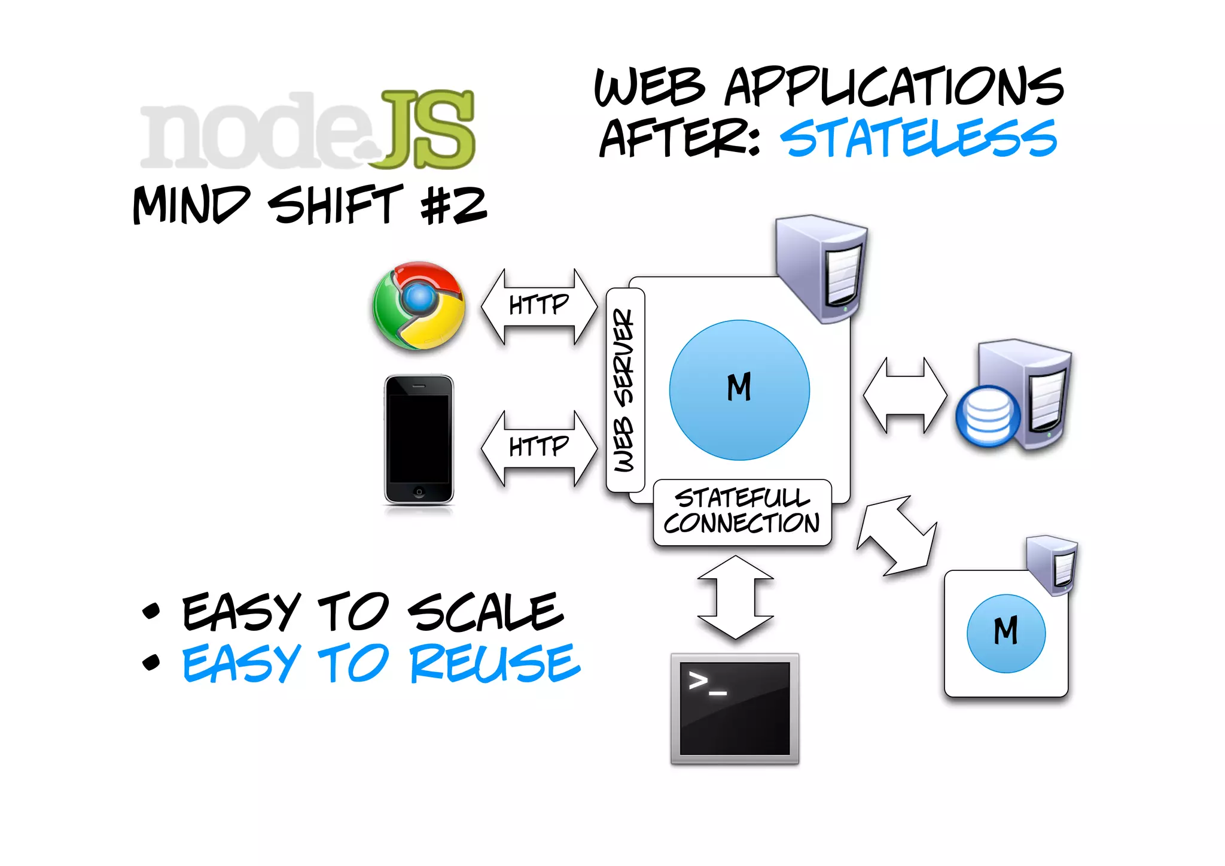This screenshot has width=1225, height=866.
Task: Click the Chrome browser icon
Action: (x=419, y=305)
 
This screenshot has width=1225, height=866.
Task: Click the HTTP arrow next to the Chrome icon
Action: (x=539, y=306)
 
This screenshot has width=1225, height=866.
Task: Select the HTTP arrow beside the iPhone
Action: (x=539, y=448)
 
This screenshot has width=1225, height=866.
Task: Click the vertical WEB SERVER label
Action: (x=624, y=390)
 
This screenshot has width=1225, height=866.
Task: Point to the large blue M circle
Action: (x=739, y=390)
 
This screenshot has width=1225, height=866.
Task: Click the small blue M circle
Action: (x=1006, y=633)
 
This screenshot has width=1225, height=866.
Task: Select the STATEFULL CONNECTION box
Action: (x=742, y=512)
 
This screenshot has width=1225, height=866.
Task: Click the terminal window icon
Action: (x=735, y=709)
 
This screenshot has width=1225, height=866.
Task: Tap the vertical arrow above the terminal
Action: (x=735, y=597)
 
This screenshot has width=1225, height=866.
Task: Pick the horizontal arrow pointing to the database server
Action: (x=905, y=395)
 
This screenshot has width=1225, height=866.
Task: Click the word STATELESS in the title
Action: (x=919, y=138)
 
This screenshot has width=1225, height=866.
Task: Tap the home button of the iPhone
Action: (x=419, y=492)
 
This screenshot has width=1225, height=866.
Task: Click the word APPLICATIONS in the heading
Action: (x=894, y=87)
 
